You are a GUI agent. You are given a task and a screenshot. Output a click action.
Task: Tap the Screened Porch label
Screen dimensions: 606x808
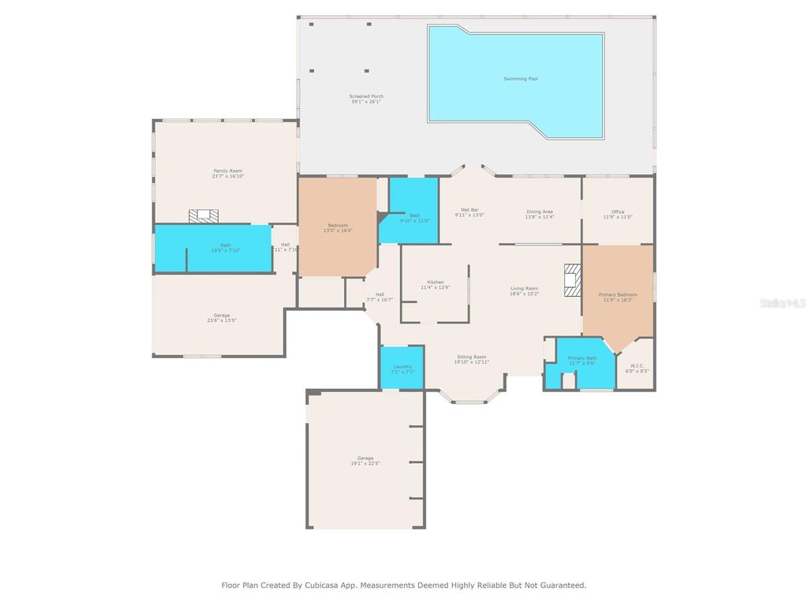click(366, 96)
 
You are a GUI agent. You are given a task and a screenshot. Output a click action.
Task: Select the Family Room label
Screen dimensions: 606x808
click(227, 170)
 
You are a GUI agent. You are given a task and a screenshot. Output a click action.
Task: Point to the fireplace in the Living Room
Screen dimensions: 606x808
click(573, 279)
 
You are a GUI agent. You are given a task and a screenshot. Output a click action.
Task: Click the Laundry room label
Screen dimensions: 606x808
click(402, 366)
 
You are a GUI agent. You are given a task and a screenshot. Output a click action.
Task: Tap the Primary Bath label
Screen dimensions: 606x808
click(582, 358)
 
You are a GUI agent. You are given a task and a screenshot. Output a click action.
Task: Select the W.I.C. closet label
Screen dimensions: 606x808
click(637, 366)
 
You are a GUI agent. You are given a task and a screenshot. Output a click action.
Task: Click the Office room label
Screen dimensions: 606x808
click(618, 211)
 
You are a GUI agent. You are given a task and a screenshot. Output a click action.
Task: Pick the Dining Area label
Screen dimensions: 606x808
click(540, 211)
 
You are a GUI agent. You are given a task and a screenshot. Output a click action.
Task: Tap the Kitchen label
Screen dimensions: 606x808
click(436, 282)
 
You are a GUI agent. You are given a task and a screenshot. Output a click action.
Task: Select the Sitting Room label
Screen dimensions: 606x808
click(472, 357)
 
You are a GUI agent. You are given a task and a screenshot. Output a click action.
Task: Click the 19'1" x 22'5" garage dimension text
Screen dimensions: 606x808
click(365, 463)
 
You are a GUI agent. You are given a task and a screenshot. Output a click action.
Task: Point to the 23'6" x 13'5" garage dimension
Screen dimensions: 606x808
click(222, 320)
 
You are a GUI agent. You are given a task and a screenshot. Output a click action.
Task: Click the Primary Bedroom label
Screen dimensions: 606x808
click(618, 294)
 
